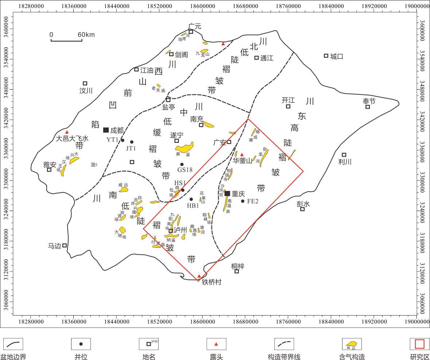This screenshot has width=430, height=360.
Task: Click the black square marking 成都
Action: coord(106,130)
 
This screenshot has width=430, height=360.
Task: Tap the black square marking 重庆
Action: coord(227,193)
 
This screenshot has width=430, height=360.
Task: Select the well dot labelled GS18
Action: coord(182,164)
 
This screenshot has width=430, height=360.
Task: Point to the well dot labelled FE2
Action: coord(243,201)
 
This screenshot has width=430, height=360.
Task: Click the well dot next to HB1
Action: coord(191,199)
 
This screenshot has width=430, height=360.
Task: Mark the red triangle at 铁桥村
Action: coord(199,276)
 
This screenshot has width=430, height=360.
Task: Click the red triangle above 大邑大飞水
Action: coord(67,132)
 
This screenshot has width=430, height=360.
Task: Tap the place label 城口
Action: coord(337,56)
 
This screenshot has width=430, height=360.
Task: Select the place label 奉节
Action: coord(369,101)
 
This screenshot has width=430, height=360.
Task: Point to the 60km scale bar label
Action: coord(86,35)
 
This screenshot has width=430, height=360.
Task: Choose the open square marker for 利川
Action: coord(344,155)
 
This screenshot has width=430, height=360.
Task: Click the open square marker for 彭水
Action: coord(302,209)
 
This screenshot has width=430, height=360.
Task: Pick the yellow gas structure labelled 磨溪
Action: coord(184,148)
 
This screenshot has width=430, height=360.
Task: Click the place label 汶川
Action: coord(86,91)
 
